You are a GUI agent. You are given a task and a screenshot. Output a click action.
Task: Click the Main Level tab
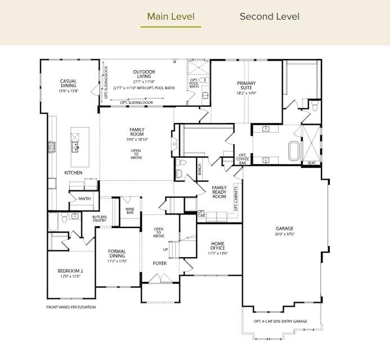pyautogui.click(x=170, y=16)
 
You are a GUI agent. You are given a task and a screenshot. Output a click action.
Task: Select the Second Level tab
pyautogui.click(x=269, y=16)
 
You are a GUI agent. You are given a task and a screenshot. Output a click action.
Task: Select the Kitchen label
pyautogui.click(x=73, y=172)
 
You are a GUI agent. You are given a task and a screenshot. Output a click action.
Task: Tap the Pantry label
pyautogui.click(x=84, y=199)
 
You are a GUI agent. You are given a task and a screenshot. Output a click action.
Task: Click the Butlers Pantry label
pyautogui.click(x=99, y=218)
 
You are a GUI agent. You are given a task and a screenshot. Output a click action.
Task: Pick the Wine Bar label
pyautogui.click(x=130, y=211)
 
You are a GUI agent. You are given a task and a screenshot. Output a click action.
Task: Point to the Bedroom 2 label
pyautogui.click(x=70, y=273)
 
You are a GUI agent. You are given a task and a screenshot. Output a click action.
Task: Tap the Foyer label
pyautogui.click(x=160, y=263)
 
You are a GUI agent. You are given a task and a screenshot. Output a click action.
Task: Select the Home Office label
pyautogui.click(x=217, y=247)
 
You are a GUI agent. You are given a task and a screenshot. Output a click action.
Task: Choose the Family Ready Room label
pyautogui.click(x=219, y=192)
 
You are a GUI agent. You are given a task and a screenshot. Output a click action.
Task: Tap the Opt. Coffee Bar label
pyautogui.click(x=243, y=159)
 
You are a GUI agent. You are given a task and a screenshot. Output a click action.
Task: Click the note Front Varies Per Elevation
pyautogui.click(x=71, y=307)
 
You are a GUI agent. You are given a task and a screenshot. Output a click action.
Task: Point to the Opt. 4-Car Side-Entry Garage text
pyautogui.click(x=280, y=321)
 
